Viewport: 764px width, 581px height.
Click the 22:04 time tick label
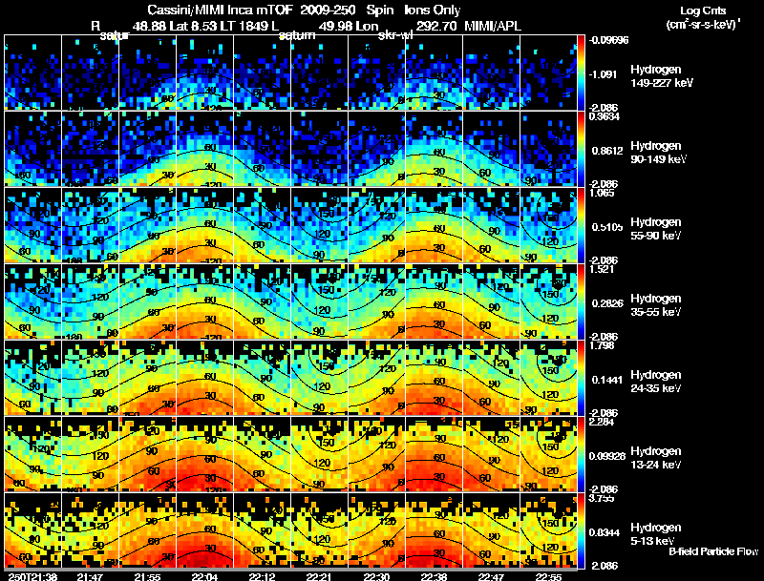click(x=205, y=576)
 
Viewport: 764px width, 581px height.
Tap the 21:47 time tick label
click(x=91, y=576)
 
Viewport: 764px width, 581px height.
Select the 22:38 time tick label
click(x=434, y=576)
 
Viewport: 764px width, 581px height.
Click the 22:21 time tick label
click(x=319, y=576)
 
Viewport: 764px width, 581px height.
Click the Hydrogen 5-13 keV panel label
click(x=655, y=533)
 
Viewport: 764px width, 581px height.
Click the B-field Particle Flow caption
click(x=712, y=551)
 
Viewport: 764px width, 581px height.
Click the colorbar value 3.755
click(x=603, y=497)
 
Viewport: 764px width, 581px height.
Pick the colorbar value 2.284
click(x=603, y=421)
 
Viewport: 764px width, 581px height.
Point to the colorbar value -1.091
click(x=603, y=73)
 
